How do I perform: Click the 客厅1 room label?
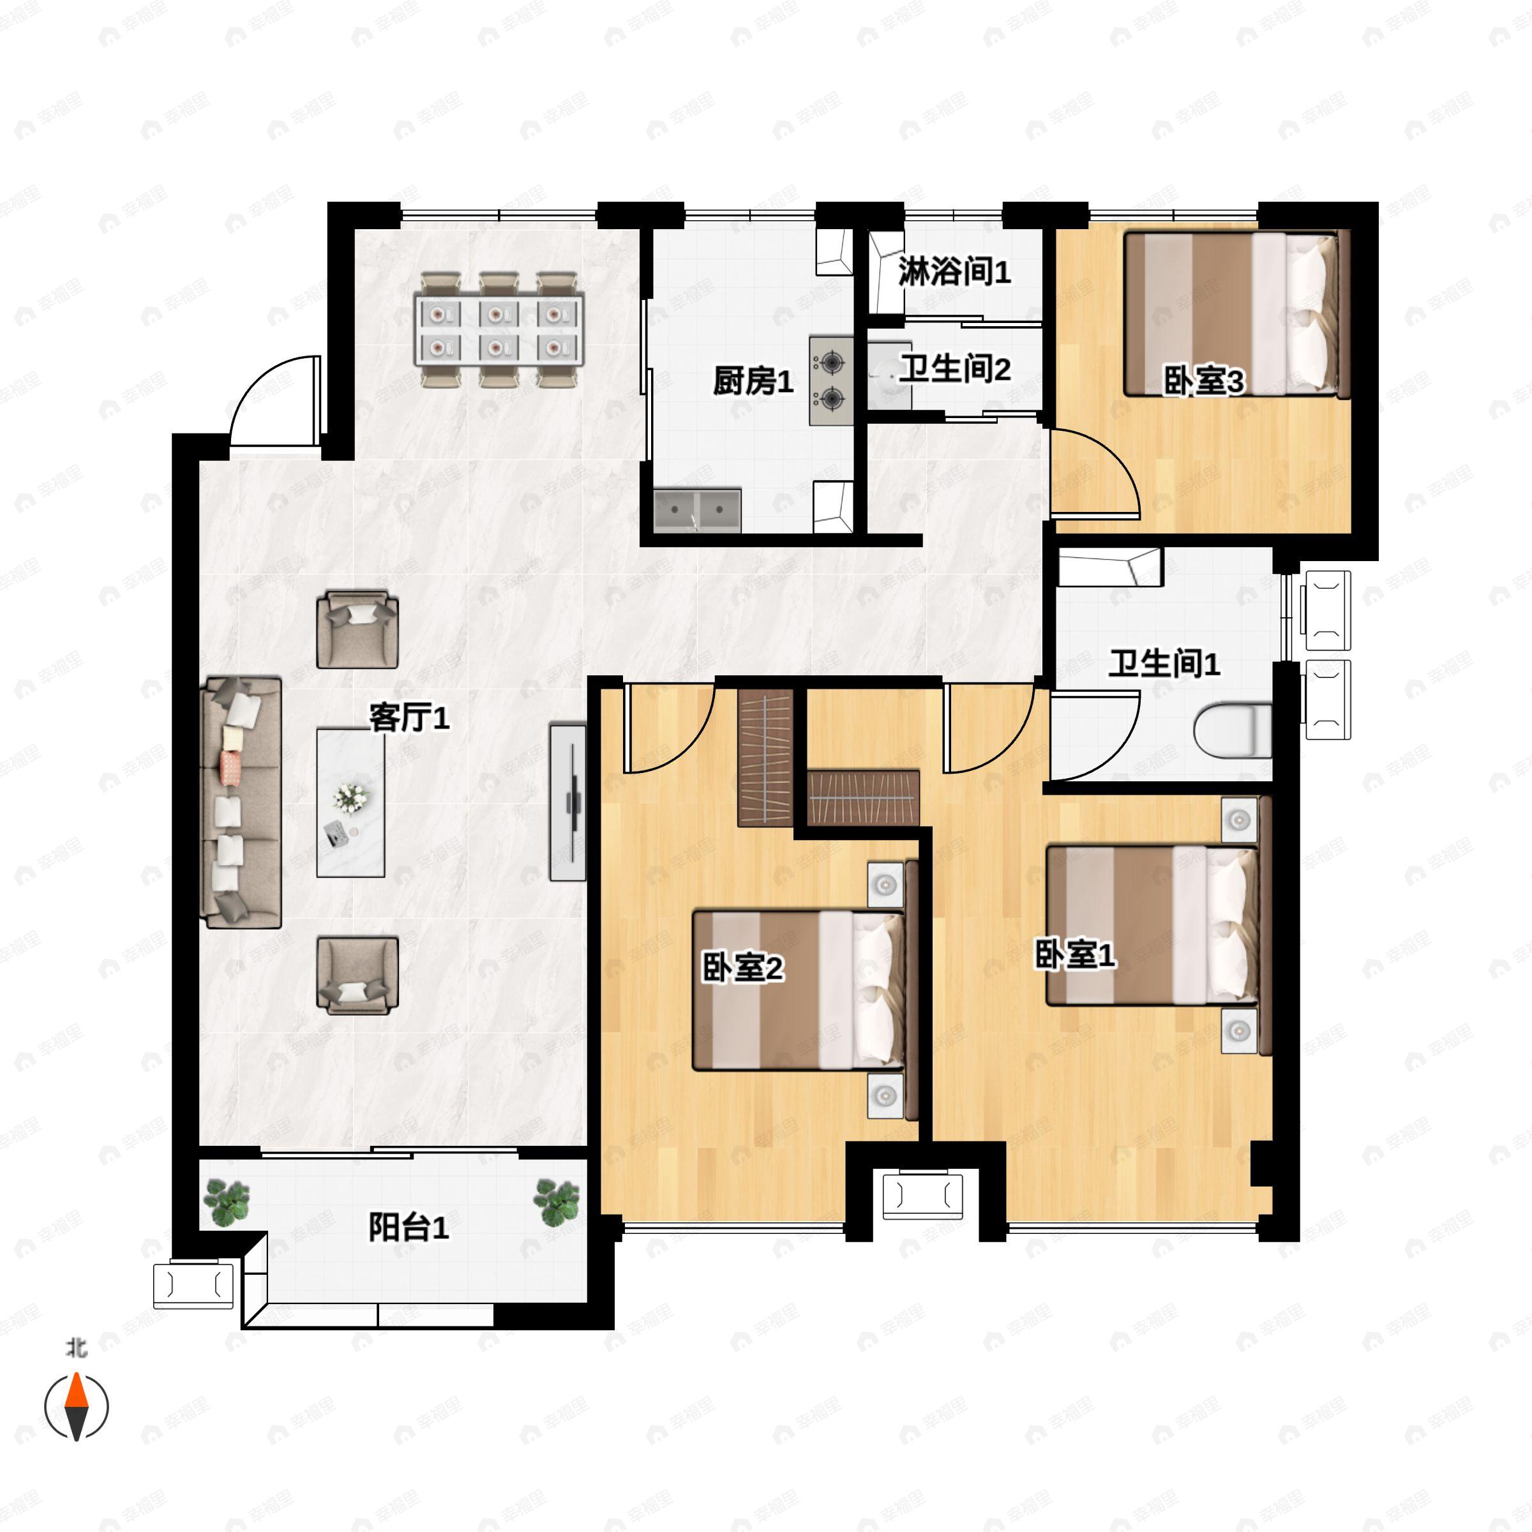(409, 717)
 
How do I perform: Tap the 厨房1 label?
(753, 382)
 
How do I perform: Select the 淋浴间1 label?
(954, 272)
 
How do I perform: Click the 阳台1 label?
(409, 1228)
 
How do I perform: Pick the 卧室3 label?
(1203, 382)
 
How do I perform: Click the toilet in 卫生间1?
(1232, 730)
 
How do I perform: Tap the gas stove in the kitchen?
(831, 380)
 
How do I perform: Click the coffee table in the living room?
(350, 802)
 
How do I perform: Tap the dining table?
(499, 329)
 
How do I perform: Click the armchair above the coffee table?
(357, 629)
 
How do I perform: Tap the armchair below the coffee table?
(357, 975)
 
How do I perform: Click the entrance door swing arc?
(269, 400)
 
